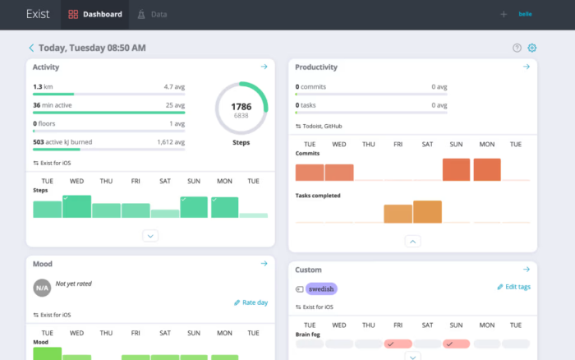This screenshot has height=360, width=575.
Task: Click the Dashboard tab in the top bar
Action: click(95, 14)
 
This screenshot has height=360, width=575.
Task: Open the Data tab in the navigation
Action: click(154, 14)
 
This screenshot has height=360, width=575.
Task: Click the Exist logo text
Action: click(38, 14)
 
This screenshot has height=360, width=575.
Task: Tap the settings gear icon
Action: click(532, 48)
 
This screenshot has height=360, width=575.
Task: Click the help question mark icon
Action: click(517, 48)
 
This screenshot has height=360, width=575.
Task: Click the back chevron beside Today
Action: click(31, 48)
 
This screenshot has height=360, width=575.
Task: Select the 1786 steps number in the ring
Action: click(241, 106)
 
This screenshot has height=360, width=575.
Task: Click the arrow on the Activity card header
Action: click(264, 67)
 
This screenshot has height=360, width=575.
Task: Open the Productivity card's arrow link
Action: click(527, 67)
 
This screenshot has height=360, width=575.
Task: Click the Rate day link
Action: click(251, 302)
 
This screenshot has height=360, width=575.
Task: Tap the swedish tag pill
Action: click(321, 288)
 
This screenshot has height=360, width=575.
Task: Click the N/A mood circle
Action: click(42, 288)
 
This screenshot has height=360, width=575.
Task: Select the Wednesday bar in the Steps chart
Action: click(76, 207)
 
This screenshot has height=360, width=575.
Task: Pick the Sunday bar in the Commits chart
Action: click(456, 169)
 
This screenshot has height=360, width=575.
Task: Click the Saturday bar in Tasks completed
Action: click(427, 212)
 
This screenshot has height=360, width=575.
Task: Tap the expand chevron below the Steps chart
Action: click(150, 236)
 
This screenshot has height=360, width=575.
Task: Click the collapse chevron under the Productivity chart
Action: click(413, 241)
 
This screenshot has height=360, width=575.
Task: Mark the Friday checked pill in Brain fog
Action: click(398, 344)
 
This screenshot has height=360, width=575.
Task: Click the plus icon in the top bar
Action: click(504, 14)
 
